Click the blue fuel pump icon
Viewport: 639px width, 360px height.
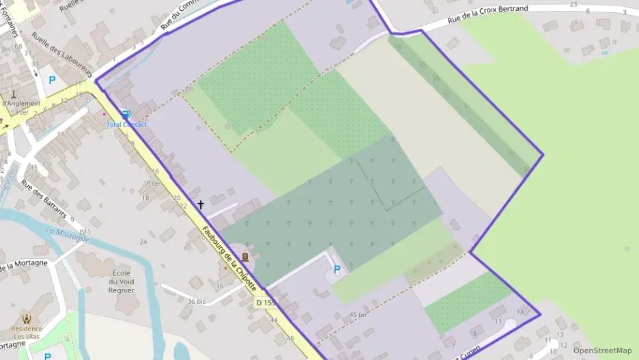click(x=126, y=115)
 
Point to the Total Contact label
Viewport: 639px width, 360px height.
click(x=126, y=124)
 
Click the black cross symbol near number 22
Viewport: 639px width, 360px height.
click(x=201, y=204)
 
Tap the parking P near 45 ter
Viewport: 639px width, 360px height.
click(x=337, y=270)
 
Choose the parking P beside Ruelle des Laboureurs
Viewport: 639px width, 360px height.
click(x=52, y=80)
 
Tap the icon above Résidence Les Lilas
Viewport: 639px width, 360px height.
click(x=27, y=318)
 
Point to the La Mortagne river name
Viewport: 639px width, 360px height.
click(x=68, y=234)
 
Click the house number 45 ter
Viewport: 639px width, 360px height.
click(x=358, y=315)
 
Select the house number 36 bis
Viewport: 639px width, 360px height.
click(x=197, y=301)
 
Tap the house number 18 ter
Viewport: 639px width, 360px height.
click(x=151, y=183)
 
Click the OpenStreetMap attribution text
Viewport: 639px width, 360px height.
click(x=602, y=350)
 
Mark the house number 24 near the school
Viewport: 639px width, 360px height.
click(x=143, y=242)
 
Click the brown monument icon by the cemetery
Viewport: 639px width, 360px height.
click(x=245, y=258)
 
